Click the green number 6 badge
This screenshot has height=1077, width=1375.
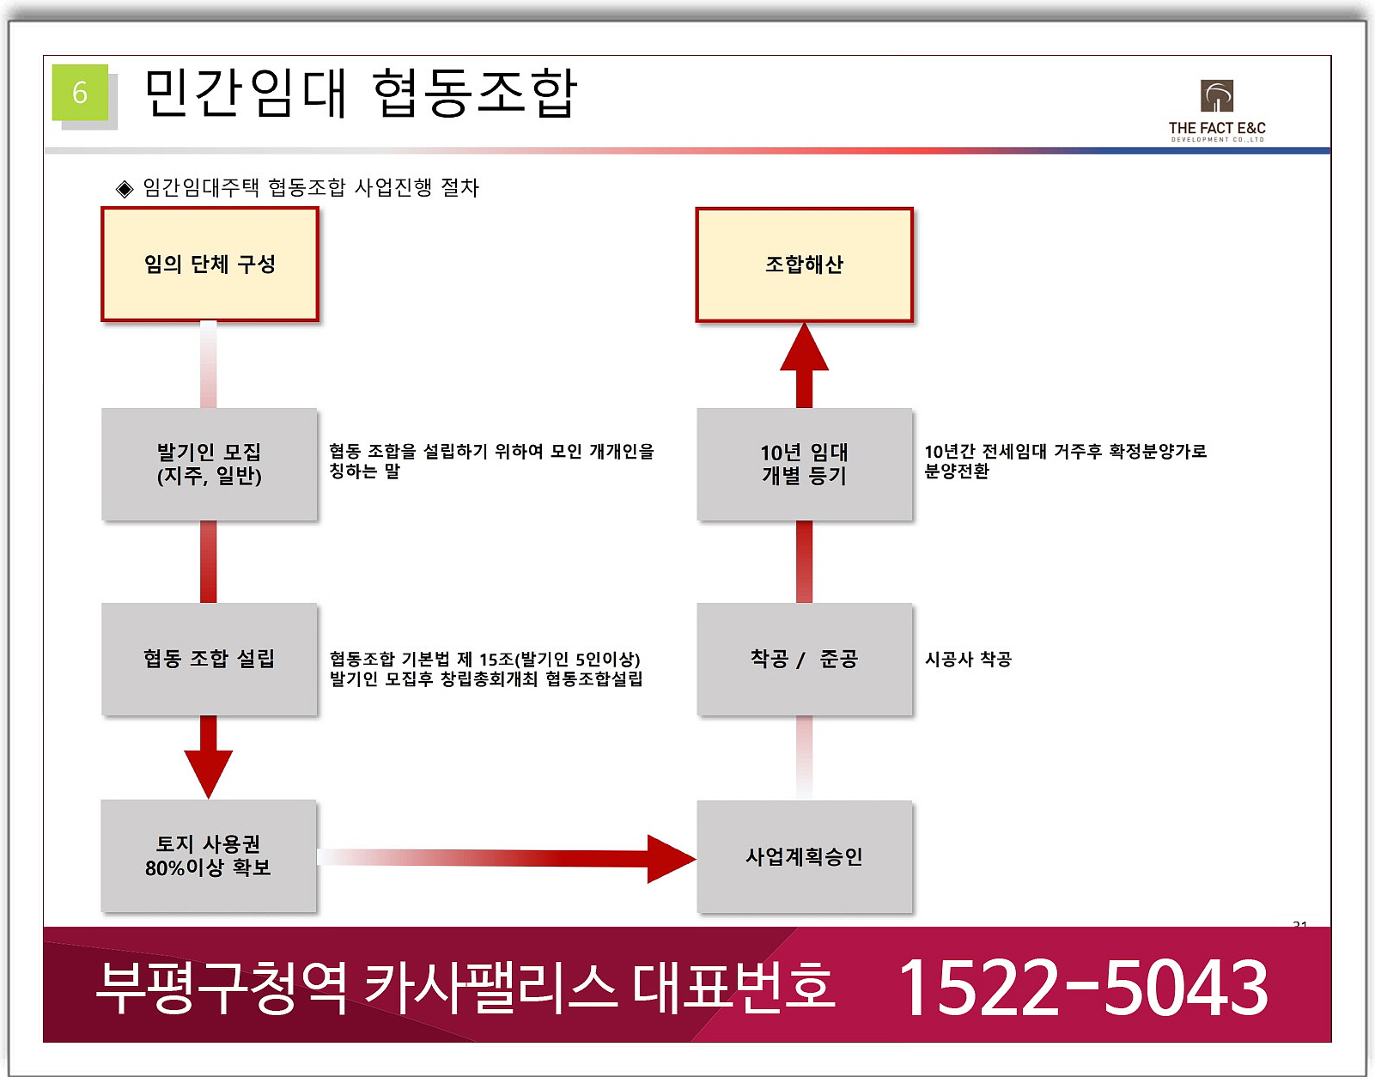tap(80, 92)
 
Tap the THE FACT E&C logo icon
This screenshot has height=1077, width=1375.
tap(1216, 96)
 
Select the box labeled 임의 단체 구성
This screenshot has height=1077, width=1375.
tap(210, 265)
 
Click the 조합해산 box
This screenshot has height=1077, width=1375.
tap(804, 265)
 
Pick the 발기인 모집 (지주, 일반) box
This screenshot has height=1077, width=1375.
tap(210, 464)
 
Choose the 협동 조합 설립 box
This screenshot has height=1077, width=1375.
tap(210, 659)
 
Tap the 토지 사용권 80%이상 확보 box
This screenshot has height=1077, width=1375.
tap(209, 855)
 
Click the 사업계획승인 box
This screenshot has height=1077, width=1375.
tap(804, 856)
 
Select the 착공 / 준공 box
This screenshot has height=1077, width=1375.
tap(804, 659)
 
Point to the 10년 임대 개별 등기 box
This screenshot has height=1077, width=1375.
tap(804, 464)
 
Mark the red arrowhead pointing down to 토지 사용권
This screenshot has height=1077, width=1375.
tap(209, 771)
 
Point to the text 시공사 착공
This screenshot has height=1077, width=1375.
tap(968, 659)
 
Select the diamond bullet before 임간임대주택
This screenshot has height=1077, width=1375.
tap(125, 189)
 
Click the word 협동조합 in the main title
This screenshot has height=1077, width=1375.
tap(475, 93)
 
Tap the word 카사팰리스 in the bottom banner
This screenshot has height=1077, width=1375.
tap(490, 986)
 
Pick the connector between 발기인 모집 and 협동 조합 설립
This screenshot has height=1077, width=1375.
tap(209, 562)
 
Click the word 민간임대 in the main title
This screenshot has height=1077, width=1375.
tap(246, 93)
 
